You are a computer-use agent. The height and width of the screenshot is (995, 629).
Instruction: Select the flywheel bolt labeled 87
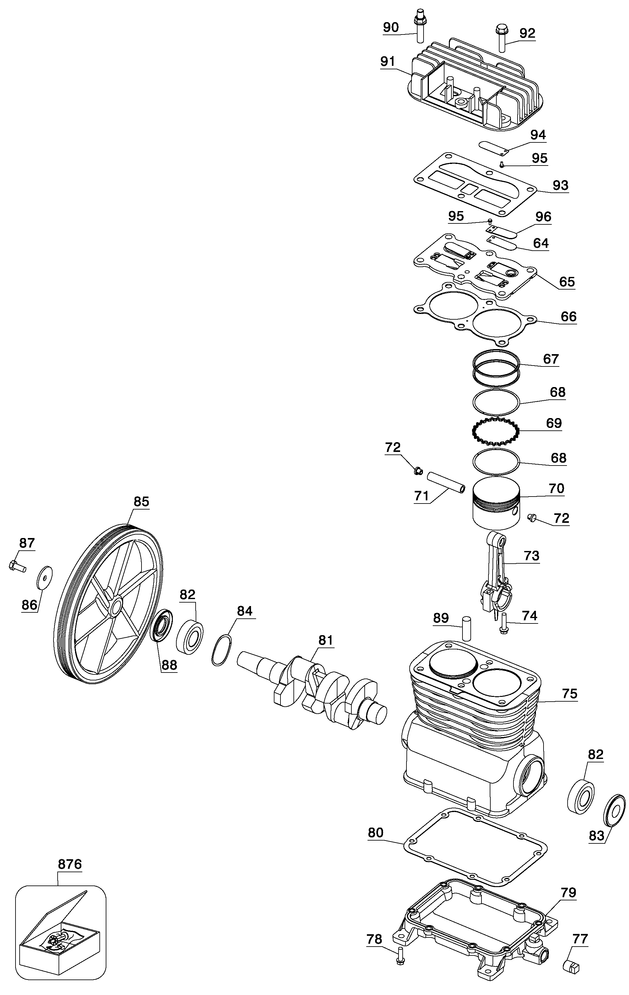coord(17,566)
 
